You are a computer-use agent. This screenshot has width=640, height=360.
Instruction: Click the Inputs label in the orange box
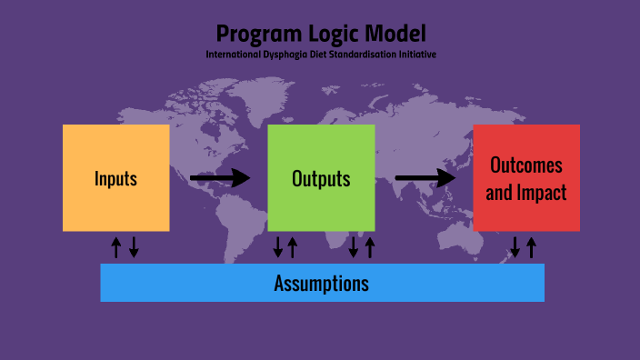coord(115,178)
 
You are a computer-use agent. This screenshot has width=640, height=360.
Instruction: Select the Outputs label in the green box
coord(321,178)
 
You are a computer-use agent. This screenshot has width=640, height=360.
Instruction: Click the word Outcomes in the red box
coord(526,165)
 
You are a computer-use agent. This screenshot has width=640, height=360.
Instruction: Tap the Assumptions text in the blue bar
coord(322,283)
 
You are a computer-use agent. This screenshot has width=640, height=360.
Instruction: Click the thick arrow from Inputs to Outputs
coord(220,178)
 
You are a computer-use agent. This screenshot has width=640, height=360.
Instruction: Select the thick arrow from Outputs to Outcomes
coord(425,178)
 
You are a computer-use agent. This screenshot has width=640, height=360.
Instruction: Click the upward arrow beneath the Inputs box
coord(116,246)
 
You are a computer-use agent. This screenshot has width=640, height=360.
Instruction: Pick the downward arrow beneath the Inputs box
coord(134,246)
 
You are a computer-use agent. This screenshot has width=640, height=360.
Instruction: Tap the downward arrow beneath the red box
coord(515,246)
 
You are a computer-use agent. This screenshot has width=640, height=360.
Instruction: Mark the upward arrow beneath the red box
coord(532,246)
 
